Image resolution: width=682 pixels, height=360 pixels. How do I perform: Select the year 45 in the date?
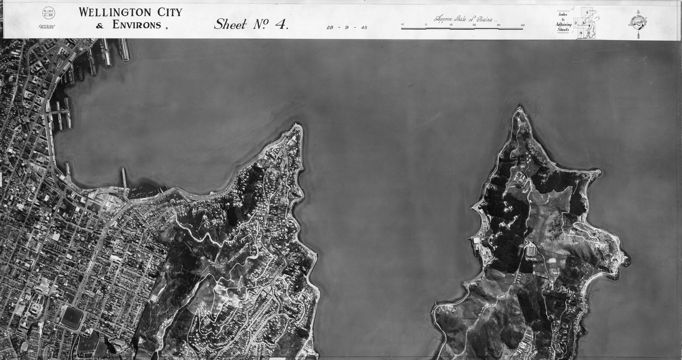tap(364, 28)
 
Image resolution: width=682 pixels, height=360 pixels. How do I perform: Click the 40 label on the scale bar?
tap(522, 25)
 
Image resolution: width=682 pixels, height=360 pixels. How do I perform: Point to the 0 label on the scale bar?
tap(426, 25)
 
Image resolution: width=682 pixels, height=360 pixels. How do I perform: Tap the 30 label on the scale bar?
tap(498, 25)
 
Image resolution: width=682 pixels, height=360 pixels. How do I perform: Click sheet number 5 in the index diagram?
tap(581, 33)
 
